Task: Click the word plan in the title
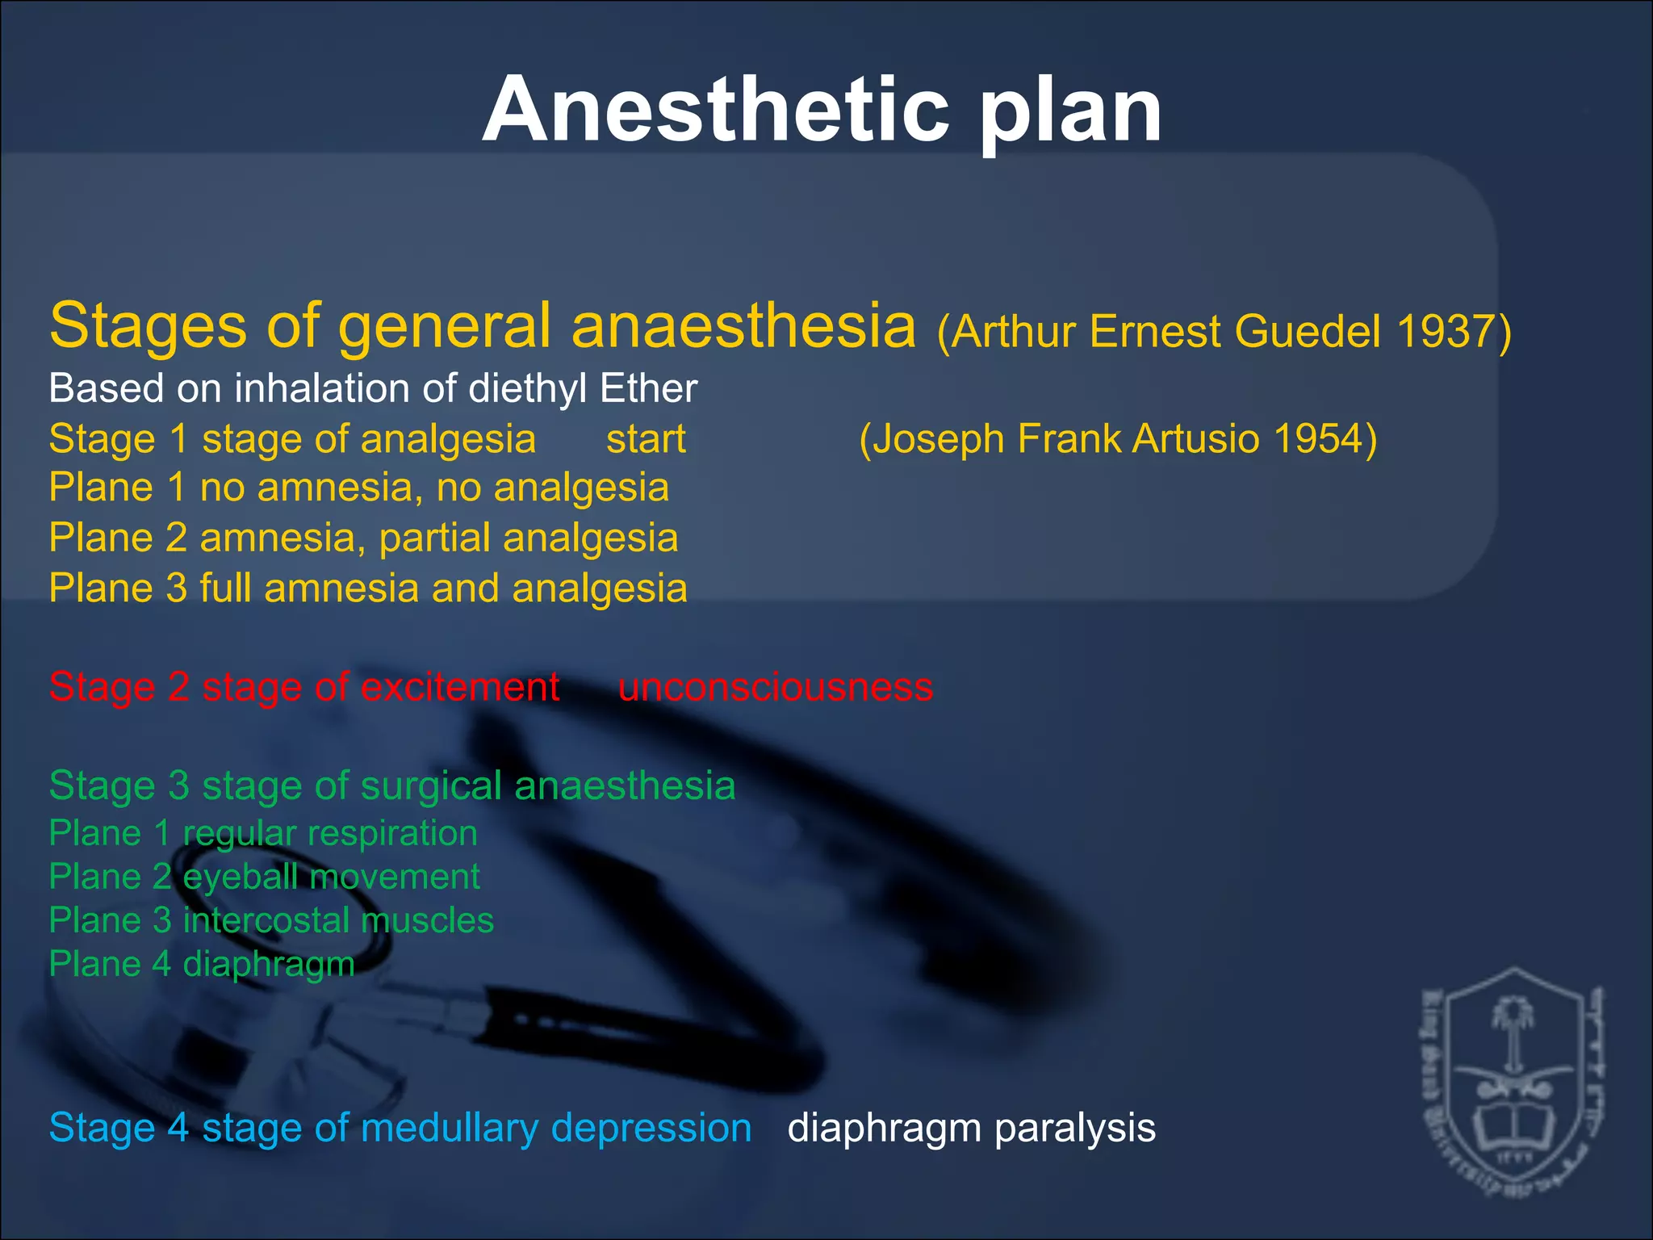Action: click(1071, 113)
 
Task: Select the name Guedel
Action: click(1308, 332)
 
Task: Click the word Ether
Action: click(648, 388)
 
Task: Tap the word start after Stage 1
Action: click(646, 440)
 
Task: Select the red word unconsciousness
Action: click(775, 688)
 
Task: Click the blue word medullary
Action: click(449, 1129)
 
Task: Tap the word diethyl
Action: click(520, 388)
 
